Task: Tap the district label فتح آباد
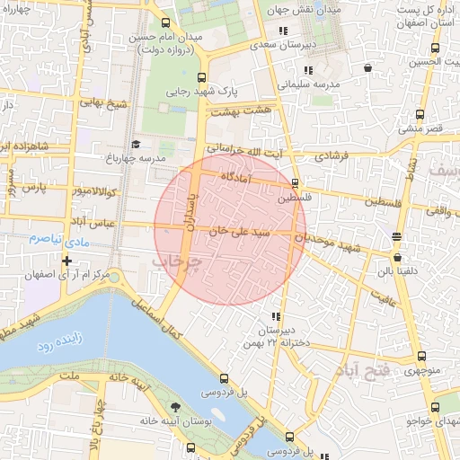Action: point(364,370)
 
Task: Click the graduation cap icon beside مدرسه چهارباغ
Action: point(137,144)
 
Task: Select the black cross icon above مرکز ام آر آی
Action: point(66,261)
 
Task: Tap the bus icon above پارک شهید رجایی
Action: point(200,77)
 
